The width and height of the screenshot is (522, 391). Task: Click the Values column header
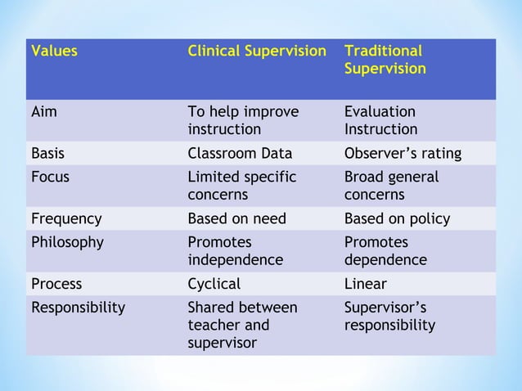(x=54, y=51)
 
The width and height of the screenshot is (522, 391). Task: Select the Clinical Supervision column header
(x=256, y=51)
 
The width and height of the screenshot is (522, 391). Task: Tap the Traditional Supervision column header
(x=385, y=60)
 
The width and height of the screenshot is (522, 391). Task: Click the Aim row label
(x=44, y=112)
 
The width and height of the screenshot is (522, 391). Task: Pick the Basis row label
(x=47, y=153)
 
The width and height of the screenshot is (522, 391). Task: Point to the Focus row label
(x=48, y=178)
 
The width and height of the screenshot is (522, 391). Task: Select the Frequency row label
(x=66, y=219)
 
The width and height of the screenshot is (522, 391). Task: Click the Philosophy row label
(x=67, y=243)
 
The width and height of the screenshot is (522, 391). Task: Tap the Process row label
(x=56, y=284)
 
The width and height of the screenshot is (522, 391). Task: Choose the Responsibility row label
(x=78, y=308)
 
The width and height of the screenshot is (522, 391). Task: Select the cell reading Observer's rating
(x=403, y=153)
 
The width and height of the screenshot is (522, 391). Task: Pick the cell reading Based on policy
(x=397, y=219)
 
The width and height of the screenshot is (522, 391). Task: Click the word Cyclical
(x=214, y=284)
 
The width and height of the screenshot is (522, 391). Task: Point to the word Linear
(x=366, y=284)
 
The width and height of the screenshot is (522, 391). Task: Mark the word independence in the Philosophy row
(x=236, y=260)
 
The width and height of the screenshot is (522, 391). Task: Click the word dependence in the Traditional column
(x=385, y=260)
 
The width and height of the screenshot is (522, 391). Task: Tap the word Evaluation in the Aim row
(x=380, y=112)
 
